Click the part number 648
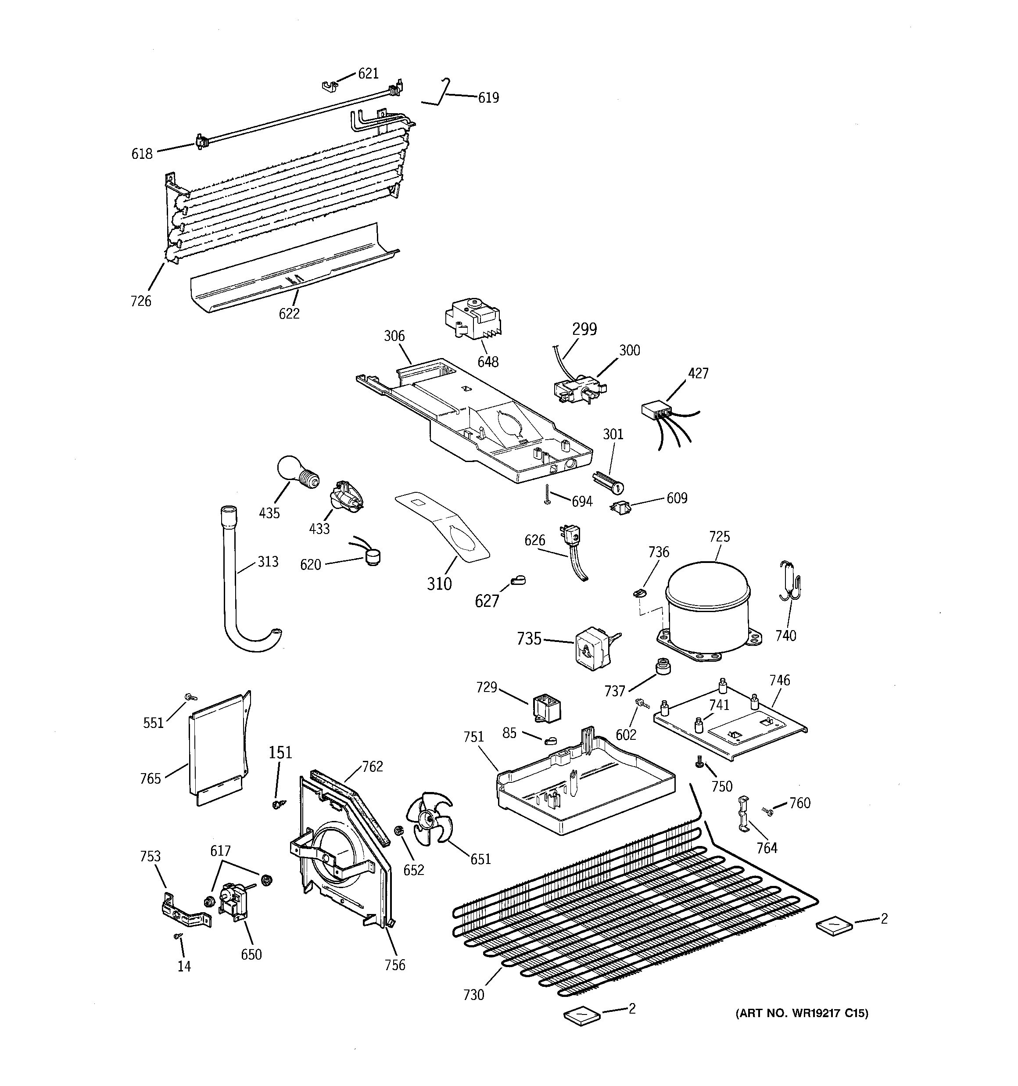(x=487, y=362)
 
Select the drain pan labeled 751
(x=584, y=787)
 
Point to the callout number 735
(x=528, y=638)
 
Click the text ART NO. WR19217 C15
(x=802, y=1013)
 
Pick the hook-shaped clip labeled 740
(x=789, y=582)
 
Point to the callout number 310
(x=439, y=584)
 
